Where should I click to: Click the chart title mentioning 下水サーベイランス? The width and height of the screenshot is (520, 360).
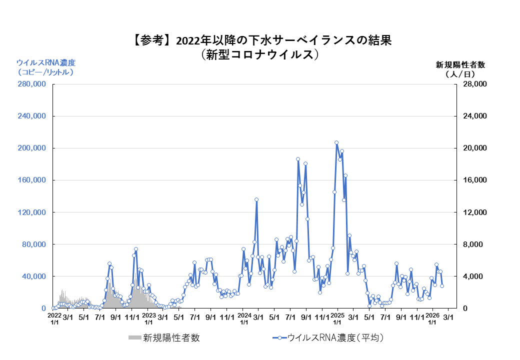(260, 40)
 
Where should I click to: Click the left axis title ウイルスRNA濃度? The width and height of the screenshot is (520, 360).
(46, 63)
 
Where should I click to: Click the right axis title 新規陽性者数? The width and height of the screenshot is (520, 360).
(460, 64)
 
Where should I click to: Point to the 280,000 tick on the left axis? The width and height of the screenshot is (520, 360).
(31, 84)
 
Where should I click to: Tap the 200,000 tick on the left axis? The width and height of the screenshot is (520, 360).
(31, 148)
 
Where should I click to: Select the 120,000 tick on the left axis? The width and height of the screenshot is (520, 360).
(31, 212)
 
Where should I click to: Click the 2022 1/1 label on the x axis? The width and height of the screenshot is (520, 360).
(54, 319)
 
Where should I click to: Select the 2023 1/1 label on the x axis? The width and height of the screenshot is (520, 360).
(149, 319)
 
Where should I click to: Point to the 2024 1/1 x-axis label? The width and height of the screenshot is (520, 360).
(244, 319)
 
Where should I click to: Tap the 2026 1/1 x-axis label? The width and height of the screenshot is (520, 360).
(432, 319)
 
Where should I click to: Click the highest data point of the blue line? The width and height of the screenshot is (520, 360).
(336, 143)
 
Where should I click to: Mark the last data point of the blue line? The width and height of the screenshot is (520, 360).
(442, 286)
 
